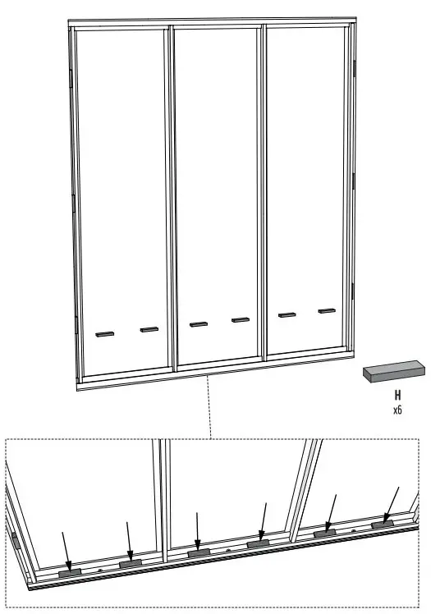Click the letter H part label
pos(397,395)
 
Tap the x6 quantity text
pos(397,409)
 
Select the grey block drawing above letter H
pos(395,373)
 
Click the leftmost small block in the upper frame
pos(104,334)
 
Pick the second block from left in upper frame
pos(149,330)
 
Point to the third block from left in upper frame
pos(198,324)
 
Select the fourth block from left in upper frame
pos(240,320)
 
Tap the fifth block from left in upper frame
pos(287,314)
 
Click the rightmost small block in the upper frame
pos(328,310)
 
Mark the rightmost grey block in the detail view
pos(383,524)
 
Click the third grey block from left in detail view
pos(199,553)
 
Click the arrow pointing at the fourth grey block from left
pos(262,520)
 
